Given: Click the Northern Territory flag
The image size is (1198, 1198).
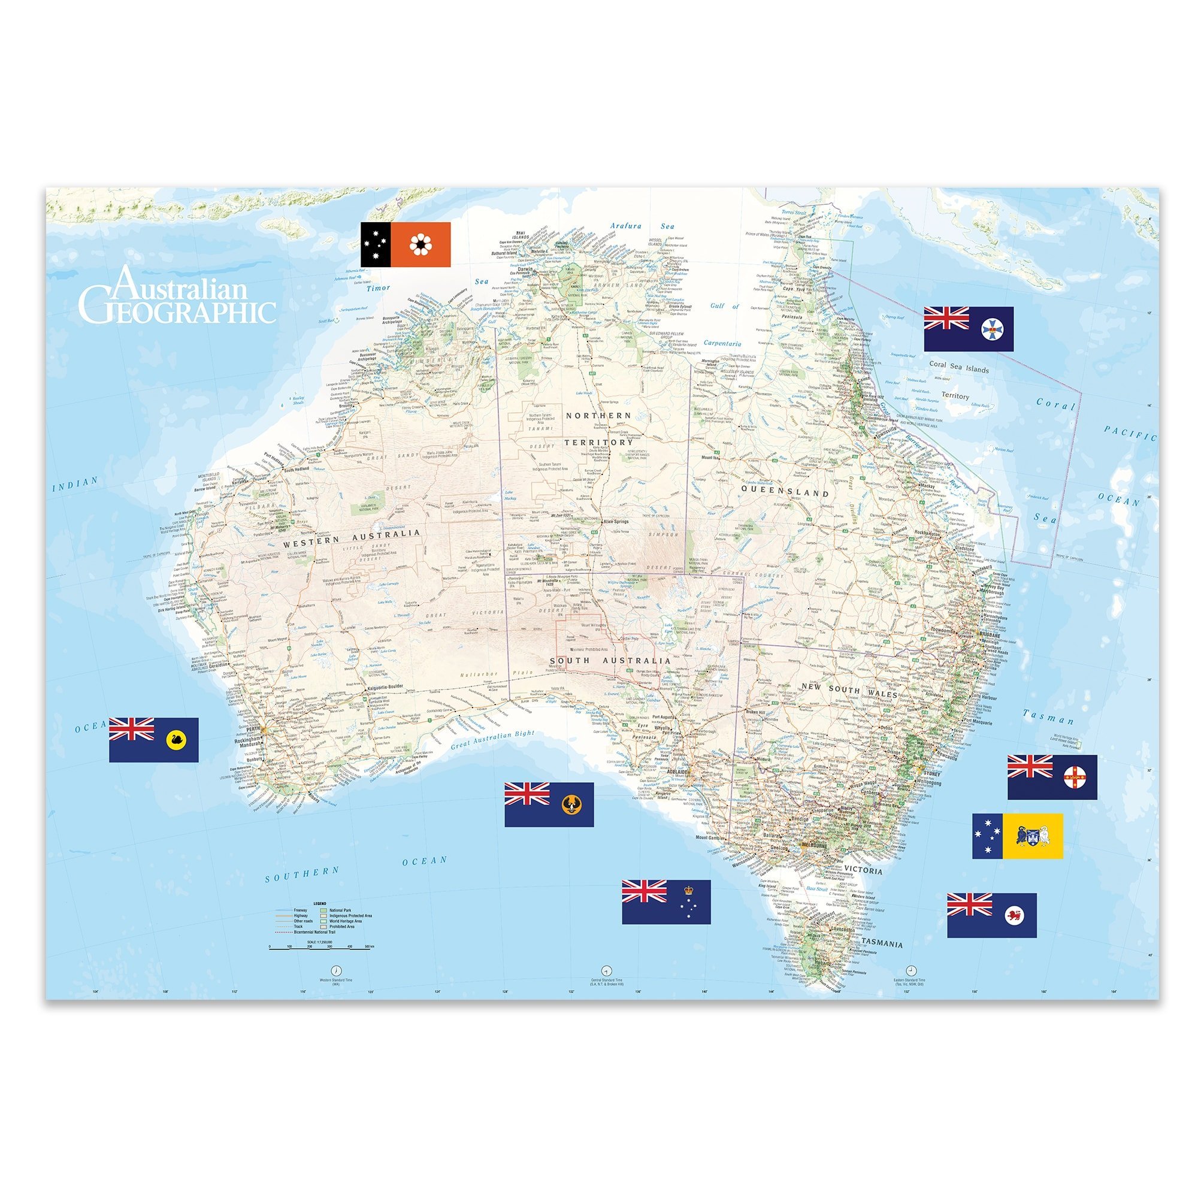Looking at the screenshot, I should pos(406,245).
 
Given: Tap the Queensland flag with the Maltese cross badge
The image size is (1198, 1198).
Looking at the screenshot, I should pos(969,329).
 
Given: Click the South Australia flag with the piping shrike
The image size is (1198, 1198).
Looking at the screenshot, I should pos(549,804).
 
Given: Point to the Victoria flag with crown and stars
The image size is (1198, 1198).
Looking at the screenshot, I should pos(666,901).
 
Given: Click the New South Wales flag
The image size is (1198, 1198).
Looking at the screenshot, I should pos(1052,777).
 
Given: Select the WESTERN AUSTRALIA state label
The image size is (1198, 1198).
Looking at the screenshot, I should pos(352,537).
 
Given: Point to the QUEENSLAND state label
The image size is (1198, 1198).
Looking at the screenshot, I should pos(785,492).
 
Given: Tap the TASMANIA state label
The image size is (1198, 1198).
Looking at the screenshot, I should pos(882,944).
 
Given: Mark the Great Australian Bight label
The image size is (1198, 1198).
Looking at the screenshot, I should pos(492,741).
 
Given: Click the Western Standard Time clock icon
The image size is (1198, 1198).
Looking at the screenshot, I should pos(336,970).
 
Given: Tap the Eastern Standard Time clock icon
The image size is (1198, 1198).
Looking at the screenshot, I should pos(911,970).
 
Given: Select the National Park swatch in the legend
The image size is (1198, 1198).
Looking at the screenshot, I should pos(323,910).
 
